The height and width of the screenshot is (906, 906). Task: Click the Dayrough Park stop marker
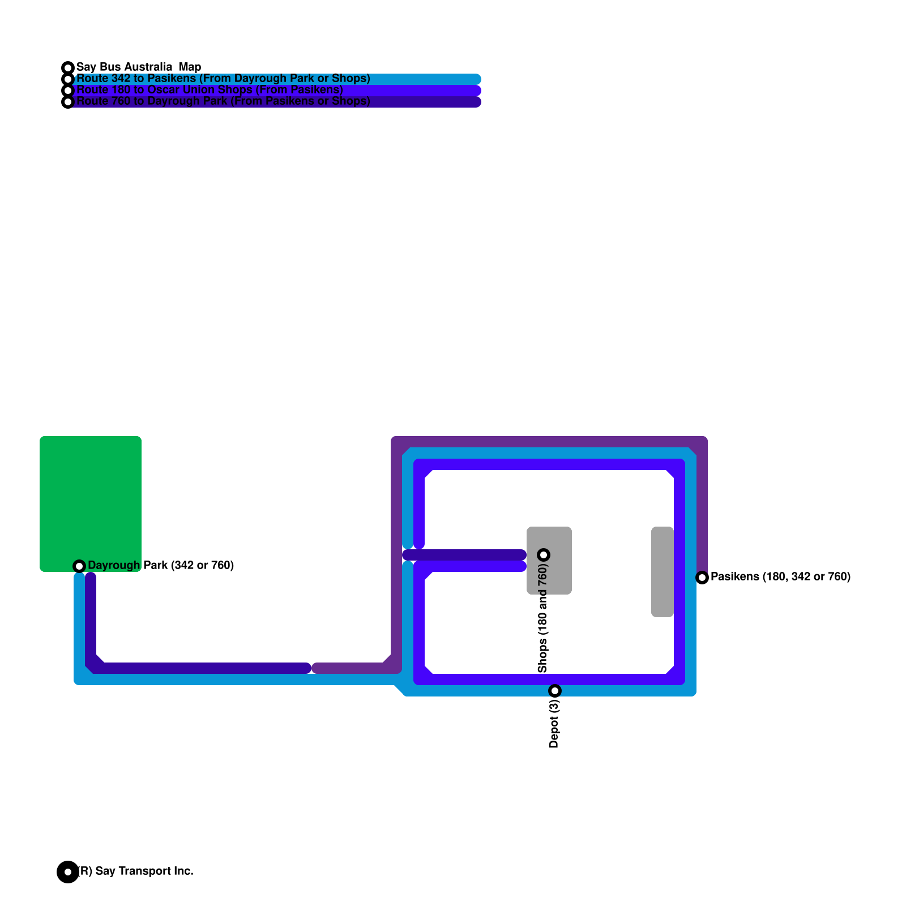coord(79,566)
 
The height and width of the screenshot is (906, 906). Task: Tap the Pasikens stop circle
coord(702,577)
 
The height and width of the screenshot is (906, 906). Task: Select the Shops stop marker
coord(544,554)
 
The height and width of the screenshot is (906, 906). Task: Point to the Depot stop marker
coord(555,690)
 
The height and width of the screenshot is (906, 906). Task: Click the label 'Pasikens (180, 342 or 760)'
coord(780,576)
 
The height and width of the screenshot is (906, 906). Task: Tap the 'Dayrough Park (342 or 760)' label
coord(161,565)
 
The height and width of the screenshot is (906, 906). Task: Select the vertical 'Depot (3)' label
coord(554,723)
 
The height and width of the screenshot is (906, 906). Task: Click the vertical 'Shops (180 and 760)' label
coord(543,618)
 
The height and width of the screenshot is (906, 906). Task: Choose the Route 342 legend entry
coord(223,79)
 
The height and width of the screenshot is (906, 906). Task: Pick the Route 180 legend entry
coord(210,90)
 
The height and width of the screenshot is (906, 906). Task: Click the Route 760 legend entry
coord(223,101)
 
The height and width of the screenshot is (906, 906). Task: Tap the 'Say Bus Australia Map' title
coord(139,67)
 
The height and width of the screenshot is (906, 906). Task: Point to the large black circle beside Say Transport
coord(67,871)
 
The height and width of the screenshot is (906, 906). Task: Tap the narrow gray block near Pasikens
coord(662,572)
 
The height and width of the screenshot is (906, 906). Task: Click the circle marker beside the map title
coord(68,68)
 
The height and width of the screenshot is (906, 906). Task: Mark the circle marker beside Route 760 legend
coord(68,102)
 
